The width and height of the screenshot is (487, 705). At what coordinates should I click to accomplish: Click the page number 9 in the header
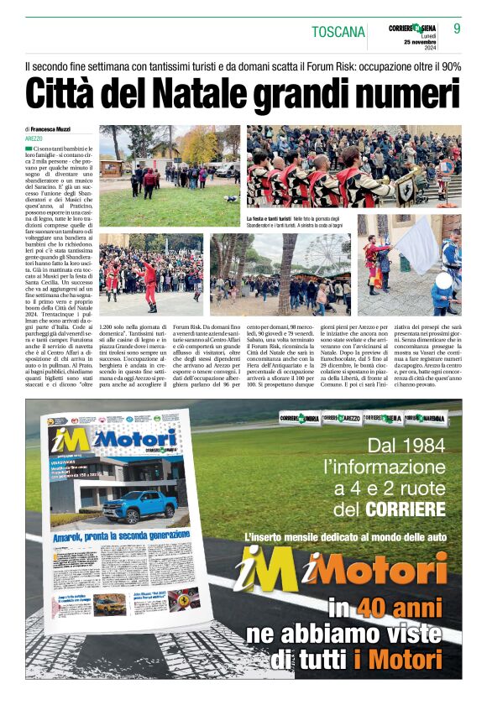tap(457, 28)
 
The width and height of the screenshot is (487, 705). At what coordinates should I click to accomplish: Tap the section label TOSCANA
tap(338, 32)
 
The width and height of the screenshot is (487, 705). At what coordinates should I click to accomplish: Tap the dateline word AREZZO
tap(34, 138)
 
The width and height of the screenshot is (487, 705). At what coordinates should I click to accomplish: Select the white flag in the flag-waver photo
tap(416, 245)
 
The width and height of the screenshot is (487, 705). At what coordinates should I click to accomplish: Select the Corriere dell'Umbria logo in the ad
tap(299, 418)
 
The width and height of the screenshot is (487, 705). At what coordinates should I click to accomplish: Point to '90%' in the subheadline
tap(449, 65)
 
